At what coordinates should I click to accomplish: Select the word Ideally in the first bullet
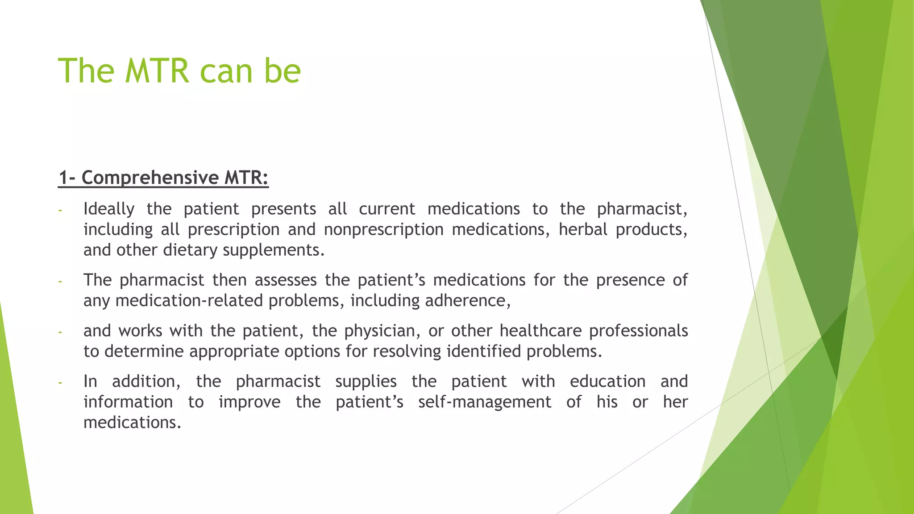pyautogui.click(x=109, y=209)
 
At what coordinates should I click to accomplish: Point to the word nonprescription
pyautogui.click(x=383, y=229)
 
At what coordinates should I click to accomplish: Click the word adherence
pyautogui.click(x=467, y=301)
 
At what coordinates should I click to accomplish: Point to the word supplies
pyautogui.click(x=366, y=381)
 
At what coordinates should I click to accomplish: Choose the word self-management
pyautogui.click(x=485, y=402)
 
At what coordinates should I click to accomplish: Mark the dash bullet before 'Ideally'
pyautogui.click(x=60, y=210)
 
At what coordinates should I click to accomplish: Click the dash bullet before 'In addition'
pyautogui.click(x=60, y=383)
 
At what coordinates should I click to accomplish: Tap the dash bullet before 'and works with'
pyautogui.click(x=60, y=332)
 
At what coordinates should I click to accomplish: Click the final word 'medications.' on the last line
pyautogui.click(x=132, y=423)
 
